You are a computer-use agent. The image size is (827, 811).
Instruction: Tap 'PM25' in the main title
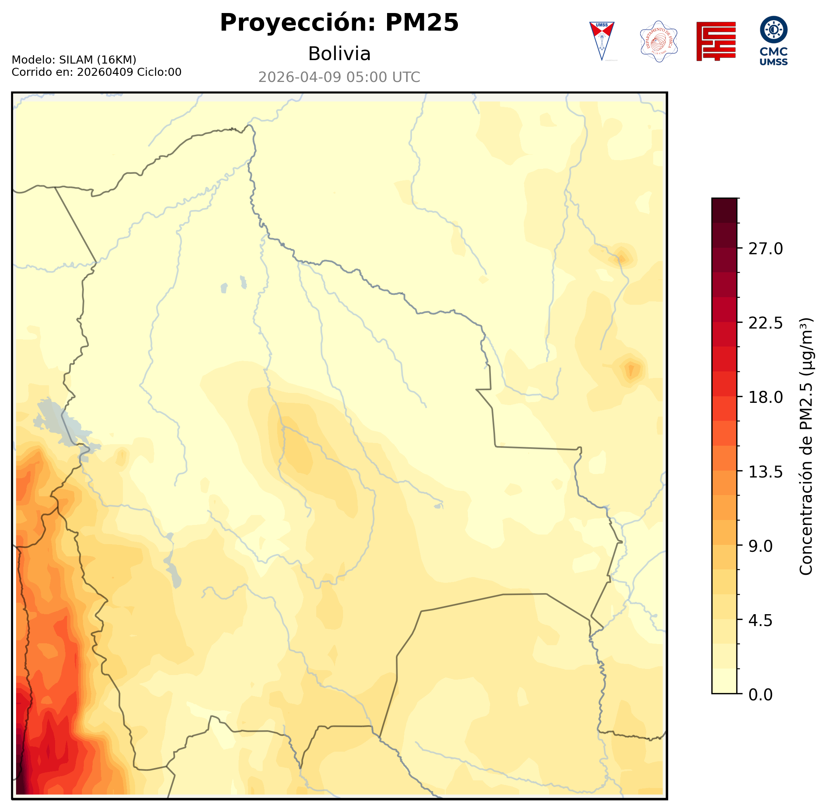(422, 23)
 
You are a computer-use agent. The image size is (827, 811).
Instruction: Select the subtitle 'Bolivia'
(339, 54)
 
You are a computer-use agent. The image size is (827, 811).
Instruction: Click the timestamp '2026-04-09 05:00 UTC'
(339, 77)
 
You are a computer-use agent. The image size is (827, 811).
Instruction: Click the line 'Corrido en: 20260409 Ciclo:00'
(96, 72)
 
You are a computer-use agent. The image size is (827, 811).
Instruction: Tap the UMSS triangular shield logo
(601, 41)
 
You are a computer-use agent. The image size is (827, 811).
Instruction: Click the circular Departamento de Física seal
(659, 41)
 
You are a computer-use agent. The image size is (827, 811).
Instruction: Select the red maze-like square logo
(716, 41)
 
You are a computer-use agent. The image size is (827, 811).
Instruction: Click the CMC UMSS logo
(773, 41)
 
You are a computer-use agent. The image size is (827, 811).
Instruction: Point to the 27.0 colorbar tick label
(765, 249)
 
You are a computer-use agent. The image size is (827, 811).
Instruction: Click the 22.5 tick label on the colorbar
(765, 323)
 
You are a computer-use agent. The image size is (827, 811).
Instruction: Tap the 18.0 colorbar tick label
(765, 397)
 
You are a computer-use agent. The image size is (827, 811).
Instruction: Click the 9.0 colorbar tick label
(760, 546)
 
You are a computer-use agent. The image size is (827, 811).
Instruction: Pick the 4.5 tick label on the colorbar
(760, 621)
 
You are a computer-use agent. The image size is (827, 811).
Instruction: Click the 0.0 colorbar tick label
(760, 695)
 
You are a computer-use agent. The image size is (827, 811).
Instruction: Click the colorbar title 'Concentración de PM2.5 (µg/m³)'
(806, 446)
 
